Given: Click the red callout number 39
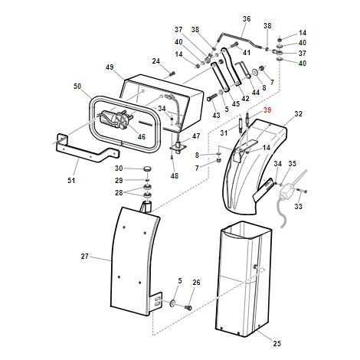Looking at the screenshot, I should [267, 110].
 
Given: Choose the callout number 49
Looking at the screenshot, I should [110, 67].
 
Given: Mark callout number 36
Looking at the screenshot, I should [247, 18].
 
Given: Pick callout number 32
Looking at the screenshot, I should [298, 113].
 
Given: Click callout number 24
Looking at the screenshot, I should [155, 61].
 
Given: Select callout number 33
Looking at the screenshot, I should [299, 206].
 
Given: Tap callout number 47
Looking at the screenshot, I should [196, 136].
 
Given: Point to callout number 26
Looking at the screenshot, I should [196, 283].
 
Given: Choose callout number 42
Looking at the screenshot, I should [245, 98].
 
